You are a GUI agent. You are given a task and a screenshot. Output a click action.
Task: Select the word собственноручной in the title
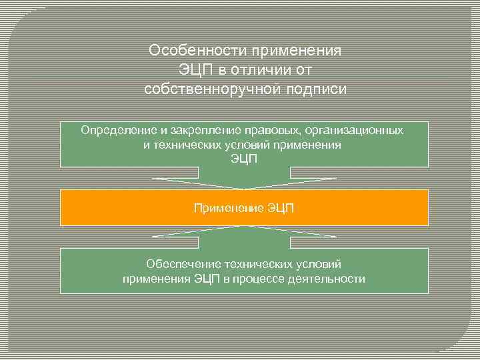click(x=205, y=89)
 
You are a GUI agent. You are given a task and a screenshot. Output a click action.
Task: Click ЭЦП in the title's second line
click(x=194, y=70)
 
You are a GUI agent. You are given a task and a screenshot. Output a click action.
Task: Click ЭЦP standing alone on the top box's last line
click(x=243, y=159)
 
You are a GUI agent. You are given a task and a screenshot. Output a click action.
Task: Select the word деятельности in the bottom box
click(x=327, y=279)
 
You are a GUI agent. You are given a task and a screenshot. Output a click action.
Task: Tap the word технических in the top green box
click(x=189, y=145)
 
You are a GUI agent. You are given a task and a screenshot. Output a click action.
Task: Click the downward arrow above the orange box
click(x=244, y=183)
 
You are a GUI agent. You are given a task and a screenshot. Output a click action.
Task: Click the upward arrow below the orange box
click(x=244, y=231)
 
